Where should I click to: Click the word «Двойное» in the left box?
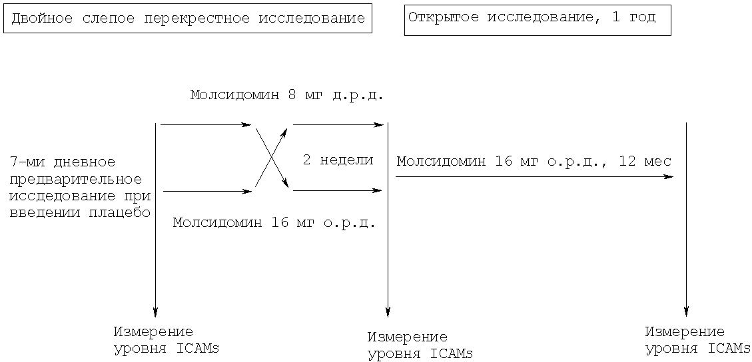tap(42, 19)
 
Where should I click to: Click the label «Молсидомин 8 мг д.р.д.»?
tap(287, 94)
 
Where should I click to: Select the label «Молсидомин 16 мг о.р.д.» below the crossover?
tap(274, 223)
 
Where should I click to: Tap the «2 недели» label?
tap(338, 160)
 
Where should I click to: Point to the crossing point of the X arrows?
tap(272, 157)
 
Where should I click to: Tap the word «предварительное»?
tap(76, 180)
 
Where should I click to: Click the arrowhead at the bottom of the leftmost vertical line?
tap(155, 311)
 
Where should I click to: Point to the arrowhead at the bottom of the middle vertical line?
tap(388, 311)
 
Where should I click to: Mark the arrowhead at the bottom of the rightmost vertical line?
tap(686, 311)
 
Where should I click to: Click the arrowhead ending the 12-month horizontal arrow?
tap(668, 177)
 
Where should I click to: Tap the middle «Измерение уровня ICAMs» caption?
tap(420, 345)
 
